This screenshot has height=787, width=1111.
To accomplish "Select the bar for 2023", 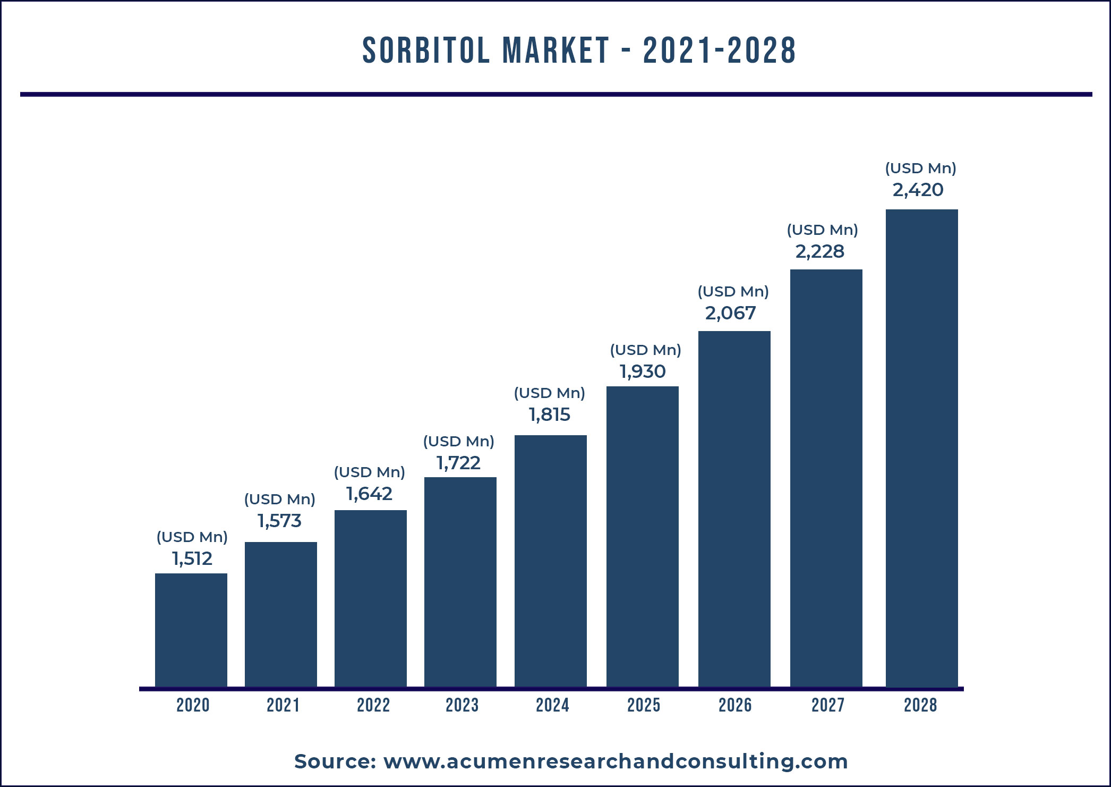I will [x=460, y=582].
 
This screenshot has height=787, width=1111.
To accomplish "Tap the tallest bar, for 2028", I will [x=921, y=448].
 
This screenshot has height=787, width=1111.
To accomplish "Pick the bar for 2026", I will [x=734, y=509].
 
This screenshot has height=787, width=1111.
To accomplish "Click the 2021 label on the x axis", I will [x=283, y=705].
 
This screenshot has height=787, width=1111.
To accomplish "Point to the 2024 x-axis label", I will [x=552, y=705].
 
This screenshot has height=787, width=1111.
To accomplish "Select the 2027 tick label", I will [x=827, y=705].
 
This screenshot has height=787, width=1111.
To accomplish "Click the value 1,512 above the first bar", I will [x=192, y=558].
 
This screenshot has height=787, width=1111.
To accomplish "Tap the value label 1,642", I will [x=369, y=494].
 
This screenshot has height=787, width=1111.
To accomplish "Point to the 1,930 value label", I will [x=643, y=371].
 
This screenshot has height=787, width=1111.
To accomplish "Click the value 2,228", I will [x=819, y=251].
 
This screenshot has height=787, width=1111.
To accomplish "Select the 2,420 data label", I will [x=918, y=190].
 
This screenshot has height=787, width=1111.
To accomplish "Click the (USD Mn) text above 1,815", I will [x=549, y=393].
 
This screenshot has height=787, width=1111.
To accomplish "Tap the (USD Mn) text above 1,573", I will [x=279, y=500].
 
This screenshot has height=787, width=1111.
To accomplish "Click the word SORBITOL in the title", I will [x=425, y=51].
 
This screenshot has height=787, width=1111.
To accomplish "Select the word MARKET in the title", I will [x=556, y=51].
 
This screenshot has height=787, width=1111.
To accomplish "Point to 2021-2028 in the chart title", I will [x=719, y=51].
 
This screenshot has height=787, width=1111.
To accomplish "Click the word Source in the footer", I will [x=335, y=761].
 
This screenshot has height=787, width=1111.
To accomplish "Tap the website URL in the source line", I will [x=616, y=761].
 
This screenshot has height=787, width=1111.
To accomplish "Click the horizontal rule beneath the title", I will [x=556, y=95].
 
